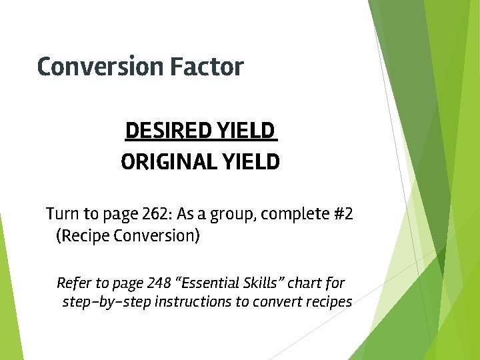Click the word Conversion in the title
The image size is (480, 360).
[101, 67]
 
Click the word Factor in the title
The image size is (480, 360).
[207, 67]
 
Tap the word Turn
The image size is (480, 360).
[61, 214]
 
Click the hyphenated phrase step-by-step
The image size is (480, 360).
[106, 302]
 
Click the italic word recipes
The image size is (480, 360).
[327, 302]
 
